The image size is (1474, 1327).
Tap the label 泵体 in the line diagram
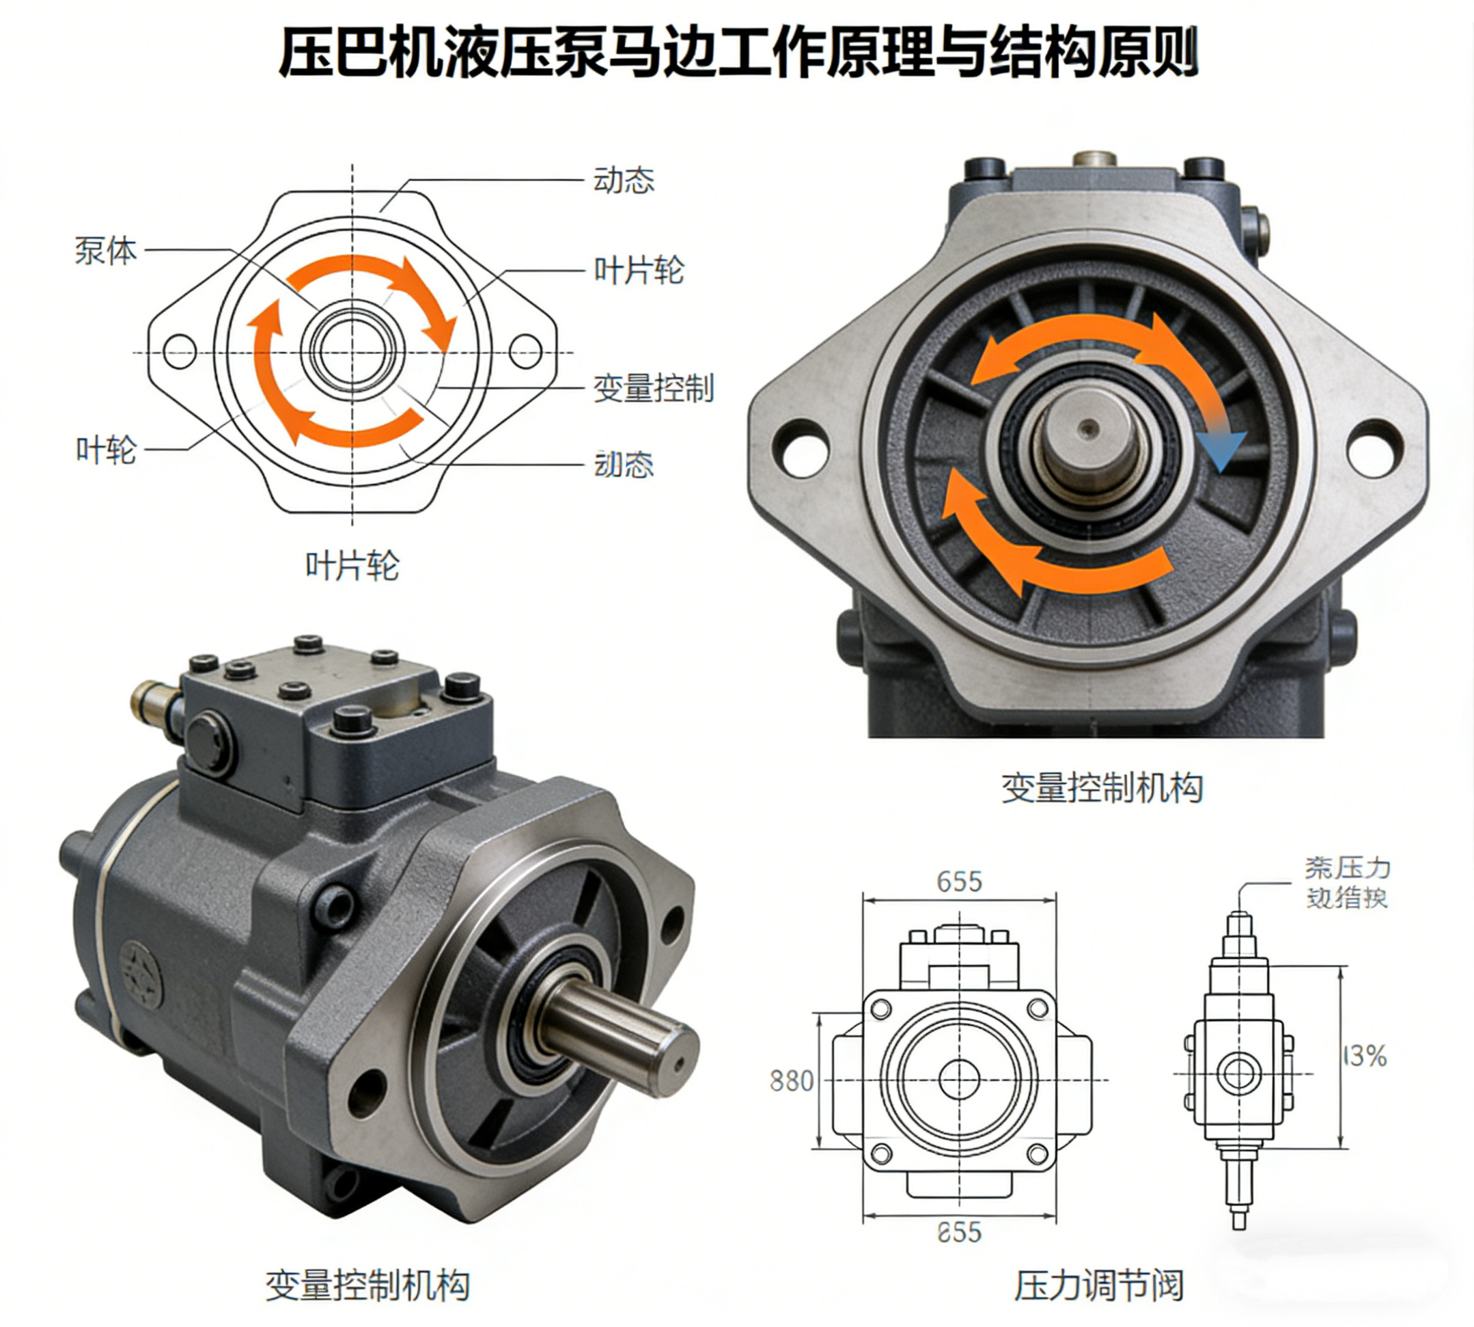click(x=106, y=251)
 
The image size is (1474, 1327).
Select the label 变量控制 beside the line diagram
click(x=653, y=388)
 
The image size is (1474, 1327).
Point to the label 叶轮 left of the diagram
click(x=107, y=450)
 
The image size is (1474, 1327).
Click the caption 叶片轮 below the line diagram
click(x=352, y=566)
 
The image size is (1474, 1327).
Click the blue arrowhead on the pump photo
click(x=1222, y=450)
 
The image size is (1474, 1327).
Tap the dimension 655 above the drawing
click(x=960, y=882)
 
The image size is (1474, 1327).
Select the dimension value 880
click(x=792, y=1080)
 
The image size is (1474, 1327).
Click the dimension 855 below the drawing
click(x=960, y=1232)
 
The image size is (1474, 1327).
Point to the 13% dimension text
click(x=1365, y=1056)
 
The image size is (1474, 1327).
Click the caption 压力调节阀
click(x=1098, y=1285)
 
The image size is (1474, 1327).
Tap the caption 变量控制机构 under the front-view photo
click(x=1102, y=788)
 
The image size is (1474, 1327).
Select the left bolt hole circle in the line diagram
click(x=180, y=352)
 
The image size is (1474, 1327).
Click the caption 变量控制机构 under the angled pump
click(x=367, y=1285)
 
